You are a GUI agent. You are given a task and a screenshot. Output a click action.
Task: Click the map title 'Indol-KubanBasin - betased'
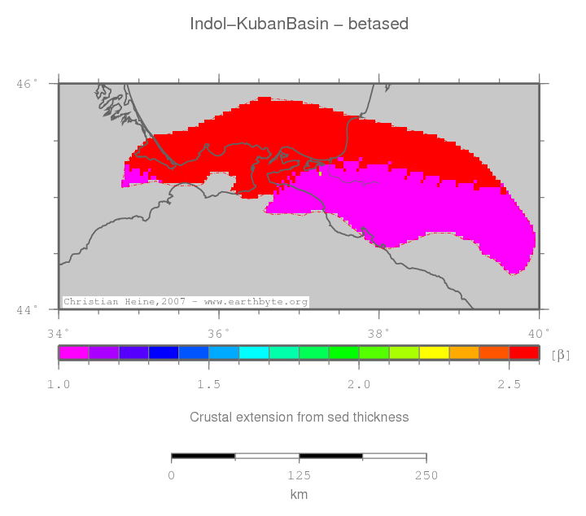(299, 24)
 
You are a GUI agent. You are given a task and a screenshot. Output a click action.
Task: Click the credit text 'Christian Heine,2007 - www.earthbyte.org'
(186, 302)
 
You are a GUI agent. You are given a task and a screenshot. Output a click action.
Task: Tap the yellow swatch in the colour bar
(434, 352)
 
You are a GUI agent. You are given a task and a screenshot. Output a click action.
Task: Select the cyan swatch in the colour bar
(253, 352)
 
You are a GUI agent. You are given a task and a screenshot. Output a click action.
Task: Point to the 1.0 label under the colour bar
(58, 384)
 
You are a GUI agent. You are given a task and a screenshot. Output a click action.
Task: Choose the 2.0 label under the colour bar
(359, 384)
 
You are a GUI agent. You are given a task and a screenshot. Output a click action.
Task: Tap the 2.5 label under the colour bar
(509, 384)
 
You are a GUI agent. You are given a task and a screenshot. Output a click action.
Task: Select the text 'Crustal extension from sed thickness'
(299, 417)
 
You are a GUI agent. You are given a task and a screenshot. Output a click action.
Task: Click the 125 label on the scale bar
(299, 475)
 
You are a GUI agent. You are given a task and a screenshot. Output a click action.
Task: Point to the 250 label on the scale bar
(426, 475)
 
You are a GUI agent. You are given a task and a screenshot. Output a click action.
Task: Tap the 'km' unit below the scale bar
(299, 494)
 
